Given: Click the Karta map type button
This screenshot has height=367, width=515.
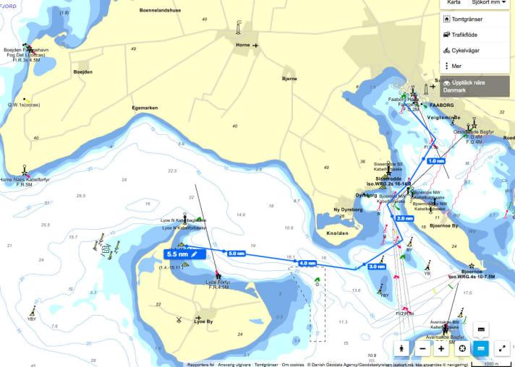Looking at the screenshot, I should [454, 3].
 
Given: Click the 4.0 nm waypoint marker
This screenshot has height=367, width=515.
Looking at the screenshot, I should [307, 263].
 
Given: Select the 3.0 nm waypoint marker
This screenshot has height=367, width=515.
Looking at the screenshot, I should [377, 267].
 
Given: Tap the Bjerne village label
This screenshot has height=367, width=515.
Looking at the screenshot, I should [289, 78].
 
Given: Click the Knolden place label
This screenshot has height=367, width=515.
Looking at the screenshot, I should [337, 233].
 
